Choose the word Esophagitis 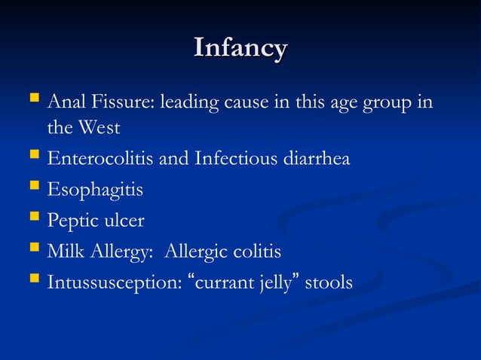(95, 191)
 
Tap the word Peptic (73, 221)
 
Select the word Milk (66, 252)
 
